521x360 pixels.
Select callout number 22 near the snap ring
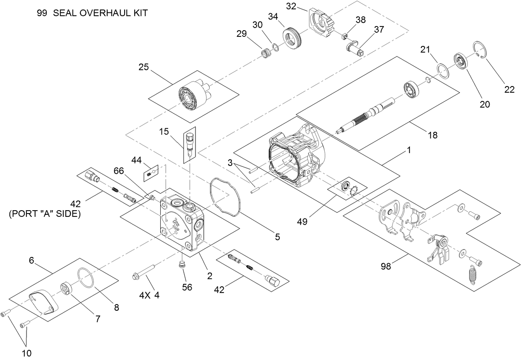(509, 89)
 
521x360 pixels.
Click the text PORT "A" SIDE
(44, 214)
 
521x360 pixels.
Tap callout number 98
(386, 266)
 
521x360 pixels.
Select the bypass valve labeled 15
(190, 143)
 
